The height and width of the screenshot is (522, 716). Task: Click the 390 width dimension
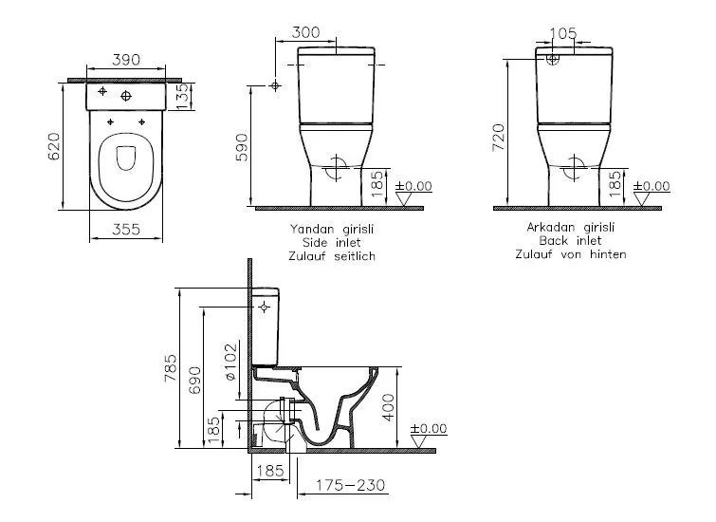tap(126, 60)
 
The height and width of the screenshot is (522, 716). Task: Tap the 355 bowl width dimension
tap(126, 228)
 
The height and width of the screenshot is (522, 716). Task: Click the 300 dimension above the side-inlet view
tap(305, 32)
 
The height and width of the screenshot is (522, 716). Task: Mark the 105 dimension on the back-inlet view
tap(563, 32)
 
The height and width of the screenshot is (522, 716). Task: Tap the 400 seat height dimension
tap(387, 409)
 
